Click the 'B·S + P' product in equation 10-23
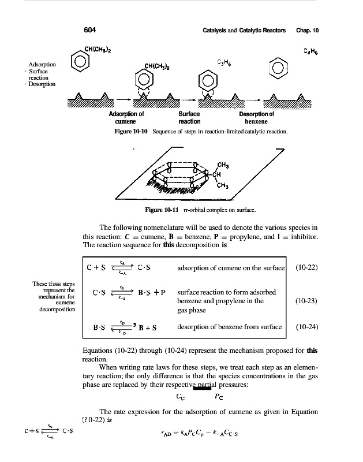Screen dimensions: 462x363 pos(152,292)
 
